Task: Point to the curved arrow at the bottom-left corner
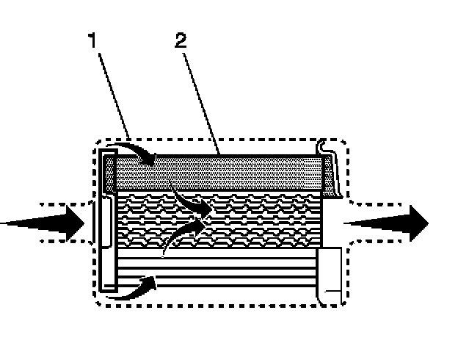[x=136, y=288]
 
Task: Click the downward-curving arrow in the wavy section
[x=192, y=202]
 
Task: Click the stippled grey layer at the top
[x=220, y=173]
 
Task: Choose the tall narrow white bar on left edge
[x=104, y=220]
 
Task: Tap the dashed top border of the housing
[x=220, y=140]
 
